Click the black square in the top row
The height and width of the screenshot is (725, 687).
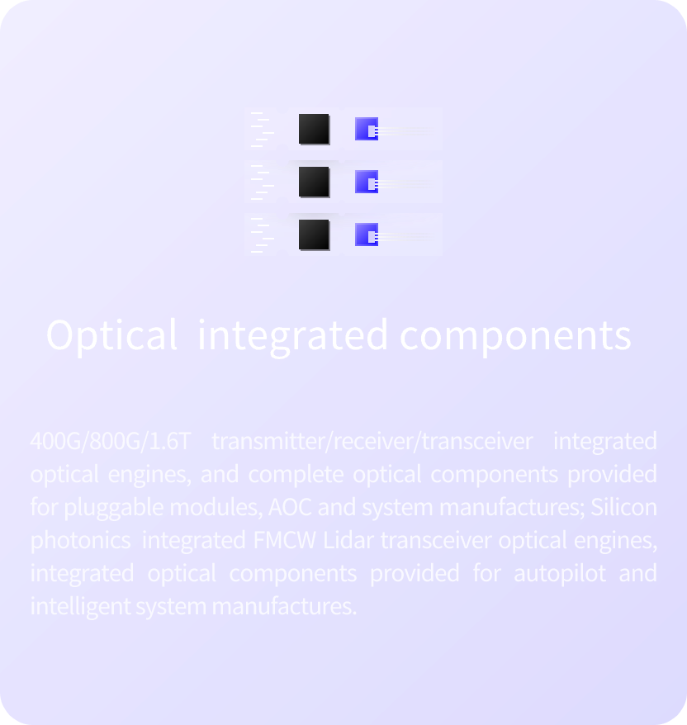314,129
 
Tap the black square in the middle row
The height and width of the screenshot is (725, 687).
314,182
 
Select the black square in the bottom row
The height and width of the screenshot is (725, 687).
314,235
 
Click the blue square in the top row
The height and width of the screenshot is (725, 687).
367,129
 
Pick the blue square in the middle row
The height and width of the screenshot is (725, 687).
367,182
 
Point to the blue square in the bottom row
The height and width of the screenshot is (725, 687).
367,235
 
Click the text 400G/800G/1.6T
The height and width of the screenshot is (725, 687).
110,441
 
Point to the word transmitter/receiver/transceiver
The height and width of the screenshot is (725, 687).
372,441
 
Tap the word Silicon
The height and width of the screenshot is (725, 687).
623,507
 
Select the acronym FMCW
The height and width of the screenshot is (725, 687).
284,540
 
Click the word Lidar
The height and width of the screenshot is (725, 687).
348,540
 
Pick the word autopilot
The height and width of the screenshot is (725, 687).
559,574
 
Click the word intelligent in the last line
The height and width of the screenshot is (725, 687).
80,607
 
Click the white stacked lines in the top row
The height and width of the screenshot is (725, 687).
263,129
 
